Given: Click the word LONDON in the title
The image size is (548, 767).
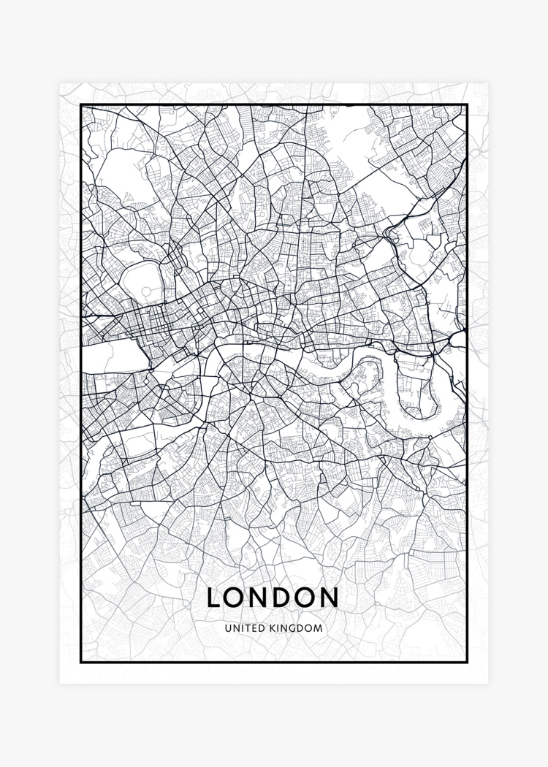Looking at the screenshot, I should [273, 597].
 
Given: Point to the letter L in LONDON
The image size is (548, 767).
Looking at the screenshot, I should [213, 597].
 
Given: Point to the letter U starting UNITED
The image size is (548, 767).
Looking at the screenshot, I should [228, 627].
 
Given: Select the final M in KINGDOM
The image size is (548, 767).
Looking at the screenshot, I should [319, 627].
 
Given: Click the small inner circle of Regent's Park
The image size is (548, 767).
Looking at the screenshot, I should [146, 291].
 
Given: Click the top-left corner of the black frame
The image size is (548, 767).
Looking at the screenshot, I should [80, 105].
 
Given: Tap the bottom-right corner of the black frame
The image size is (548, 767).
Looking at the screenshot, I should [467, 662].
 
